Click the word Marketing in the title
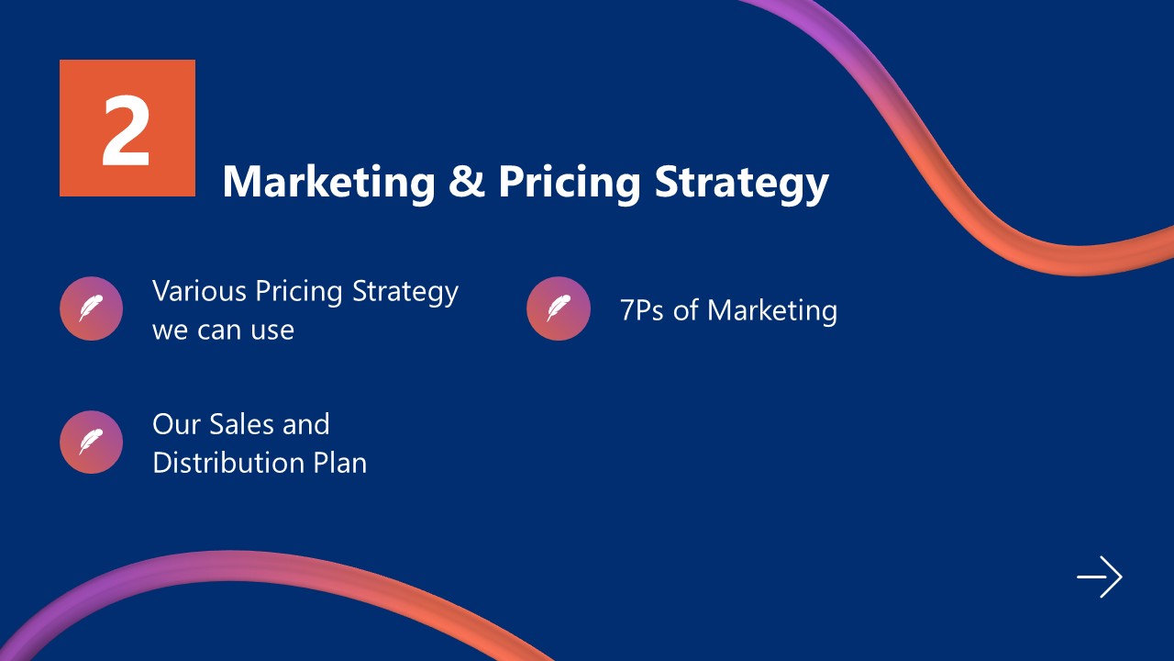pos(328,181)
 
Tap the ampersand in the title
pos(466,181)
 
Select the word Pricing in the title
pos(570,183)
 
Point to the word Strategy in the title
pos(741,183)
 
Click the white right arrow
pos(1100,577)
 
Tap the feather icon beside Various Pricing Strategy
pos(91,308)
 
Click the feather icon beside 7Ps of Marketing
pos(558,308)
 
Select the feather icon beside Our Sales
pos(91,442)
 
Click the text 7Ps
pos(642,310)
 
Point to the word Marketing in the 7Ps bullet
pos(772,311)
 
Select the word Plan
pos(340,462)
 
